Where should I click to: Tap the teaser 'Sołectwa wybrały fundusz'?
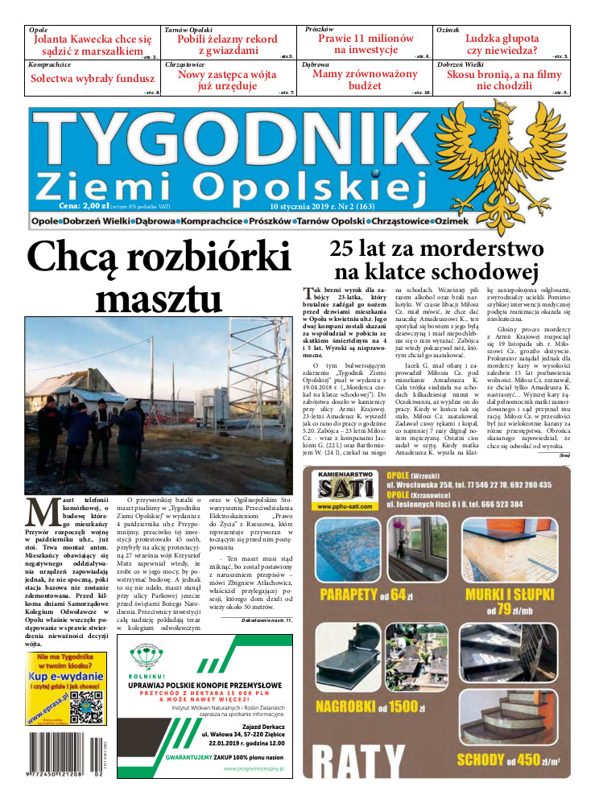92,79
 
